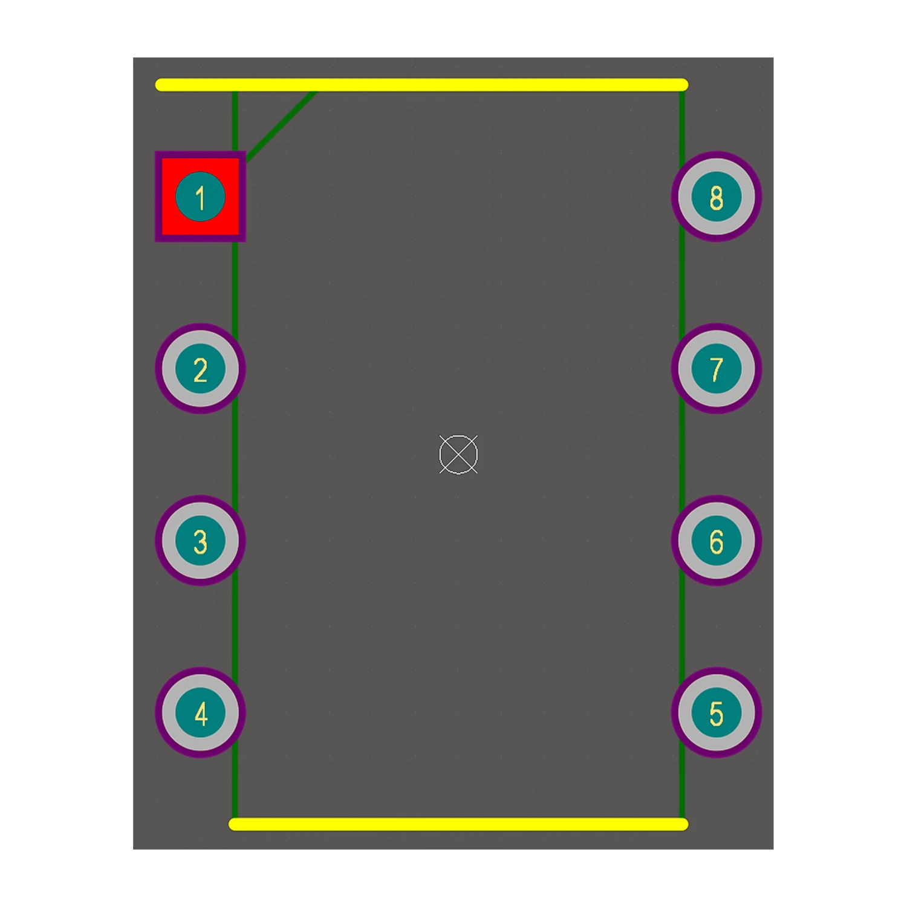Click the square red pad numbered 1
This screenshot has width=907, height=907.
[x=200, y=197]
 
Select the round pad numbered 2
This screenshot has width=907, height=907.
[x=200, y=369]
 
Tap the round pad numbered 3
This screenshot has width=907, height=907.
[x=200, y=541]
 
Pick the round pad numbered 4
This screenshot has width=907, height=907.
[x=200, y=712]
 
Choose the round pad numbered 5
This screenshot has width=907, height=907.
[x=716, y=712]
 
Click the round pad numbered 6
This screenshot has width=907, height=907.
[x=716, y=541]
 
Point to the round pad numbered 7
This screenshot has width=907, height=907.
[x=716, y=369]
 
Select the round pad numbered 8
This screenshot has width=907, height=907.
[x=716, y=197]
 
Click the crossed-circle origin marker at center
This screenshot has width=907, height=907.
[x=458, y=454]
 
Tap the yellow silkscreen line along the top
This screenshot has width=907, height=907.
[x=421, y=85]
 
